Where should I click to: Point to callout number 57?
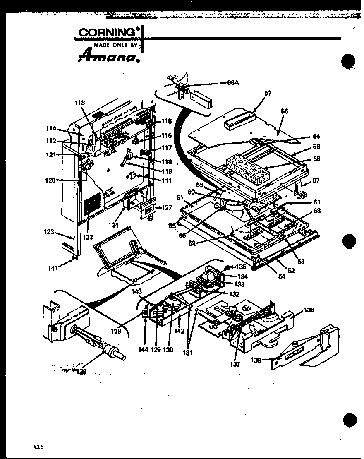pyautogui.click(x=268, y=94)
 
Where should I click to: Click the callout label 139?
pyautogui.click(x=81, y=372)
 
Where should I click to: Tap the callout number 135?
pyautogui.click(x=241, y=267)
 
